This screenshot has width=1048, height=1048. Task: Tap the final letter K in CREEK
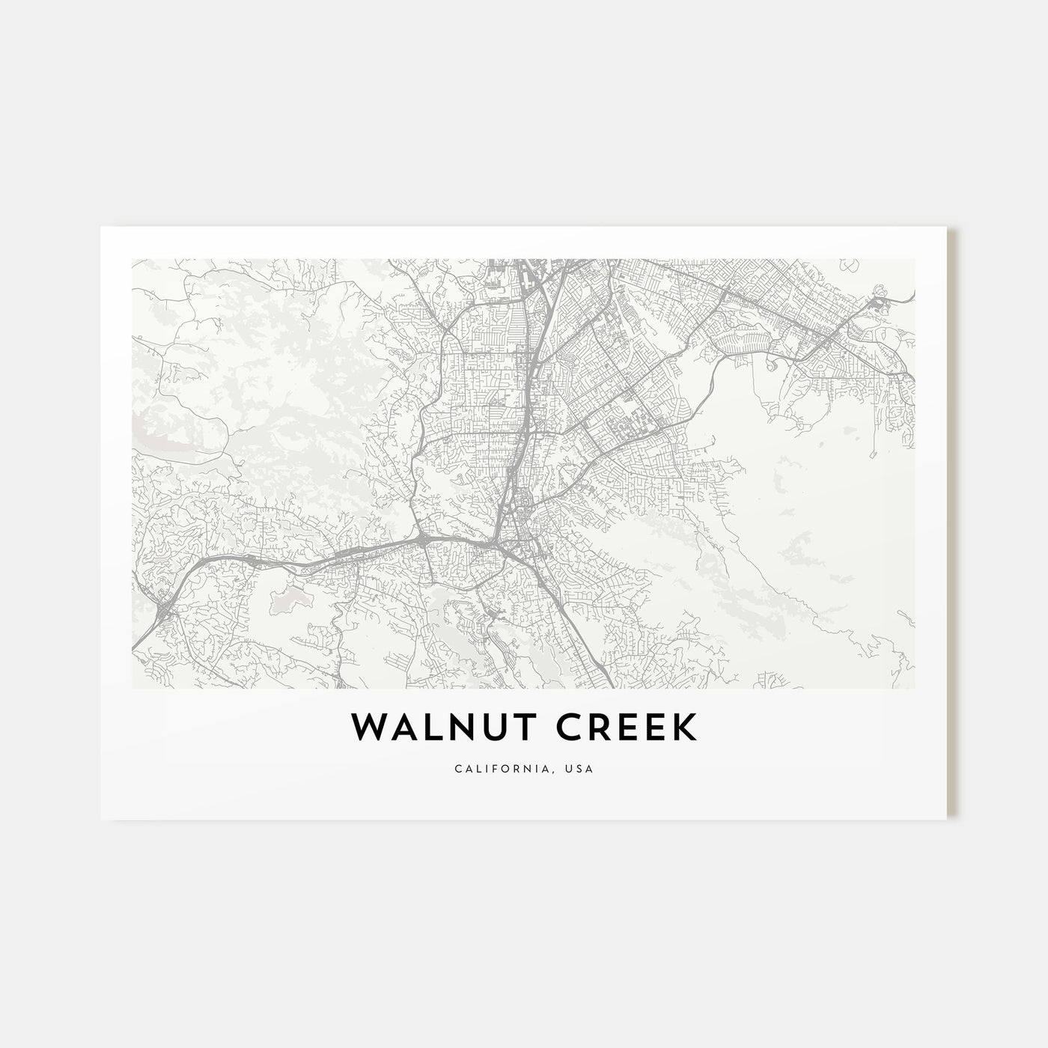click(683, 727)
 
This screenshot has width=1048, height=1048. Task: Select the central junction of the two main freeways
click(500, 540)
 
